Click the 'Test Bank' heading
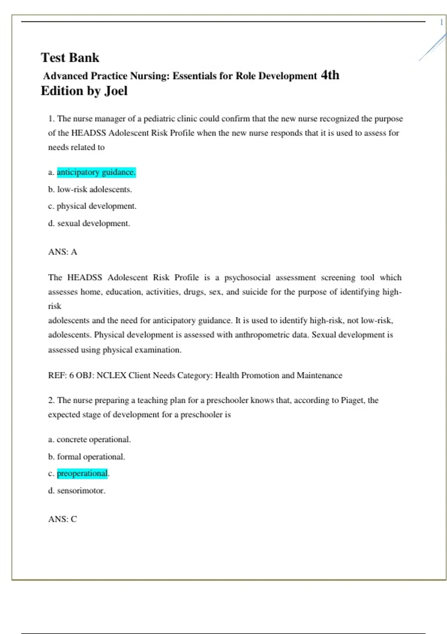point(70,58)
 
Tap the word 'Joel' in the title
point(115,91)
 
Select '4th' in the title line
point(330,75)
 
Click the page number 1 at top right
point(441,22)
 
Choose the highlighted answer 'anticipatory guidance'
point(96,172)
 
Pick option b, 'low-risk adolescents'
point(94,189)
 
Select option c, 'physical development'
point(96,206)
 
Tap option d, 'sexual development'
point(93,223)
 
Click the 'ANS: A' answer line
point(63,252)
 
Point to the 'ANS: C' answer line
point(63,519)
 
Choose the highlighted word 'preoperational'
point(82,474)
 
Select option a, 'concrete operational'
point(93,440)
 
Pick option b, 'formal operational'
point(91,457)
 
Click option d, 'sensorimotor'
point(81,491)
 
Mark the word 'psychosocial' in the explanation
point(247,278)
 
